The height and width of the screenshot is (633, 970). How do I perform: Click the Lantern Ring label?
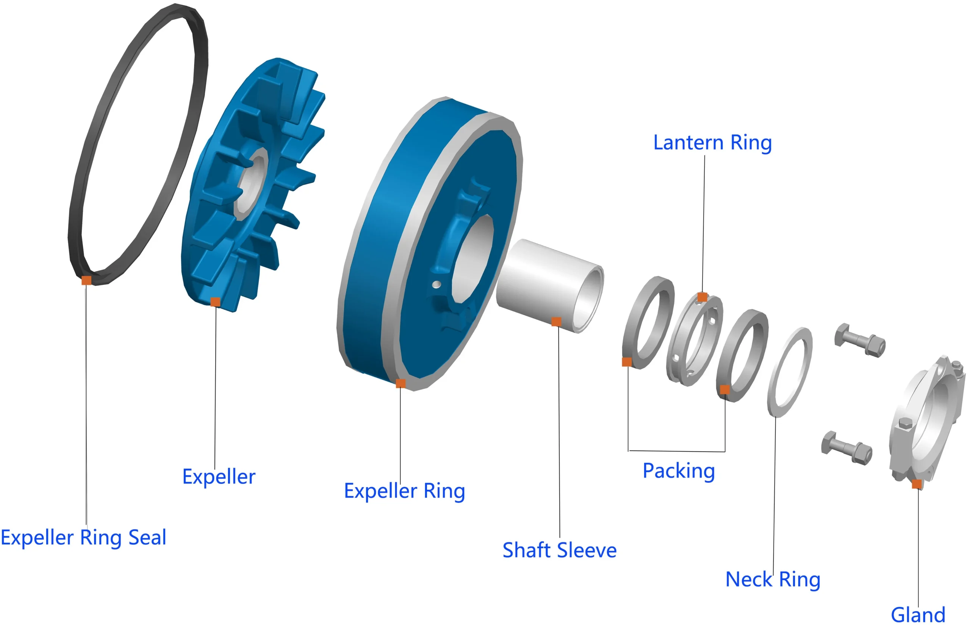tap(712, 143)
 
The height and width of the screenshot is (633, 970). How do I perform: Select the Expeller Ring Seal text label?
tap(84, 537)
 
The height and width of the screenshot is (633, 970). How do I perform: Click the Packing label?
tap(679, 471)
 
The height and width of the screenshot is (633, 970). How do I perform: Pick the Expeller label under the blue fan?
tap(219, 477)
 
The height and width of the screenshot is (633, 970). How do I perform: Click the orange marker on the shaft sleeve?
tap(556, 322)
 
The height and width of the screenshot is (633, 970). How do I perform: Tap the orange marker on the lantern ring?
tap(702, 297)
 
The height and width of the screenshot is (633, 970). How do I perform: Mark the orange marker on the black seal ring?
tap(86, 280)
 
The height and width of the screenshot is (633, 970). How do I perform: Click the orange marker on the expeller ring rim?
tap(401, 383)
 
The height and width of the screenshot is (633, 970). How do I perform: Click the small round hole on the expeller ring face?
tap(436, 284)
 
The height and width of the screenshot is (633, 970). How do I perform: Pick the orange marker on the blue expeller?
tap(215, 302)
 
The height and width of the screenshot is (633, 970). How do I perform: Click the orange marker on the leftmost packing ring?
tap(627, 362)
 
